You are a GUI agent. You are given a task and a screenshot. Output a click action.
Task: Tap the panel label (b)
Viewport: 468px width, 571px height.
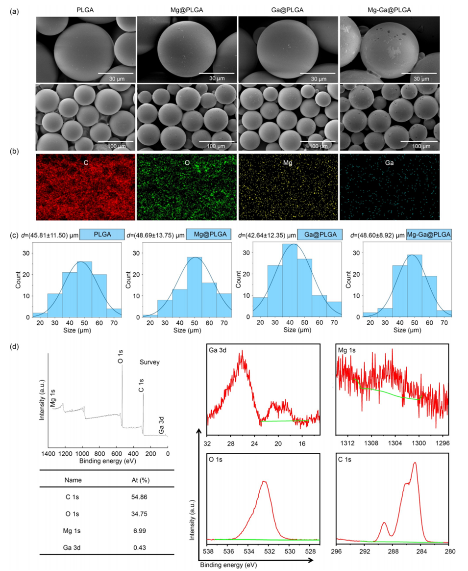(15, 152)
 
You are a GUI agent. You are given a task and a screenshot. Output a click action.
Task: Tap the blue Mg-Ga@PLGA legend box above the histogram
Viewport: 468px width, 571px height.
(429, 235)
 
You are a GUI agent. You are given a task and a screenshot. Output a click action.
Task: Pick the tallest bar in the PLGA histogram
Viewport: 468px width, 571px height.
(84, 289)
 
